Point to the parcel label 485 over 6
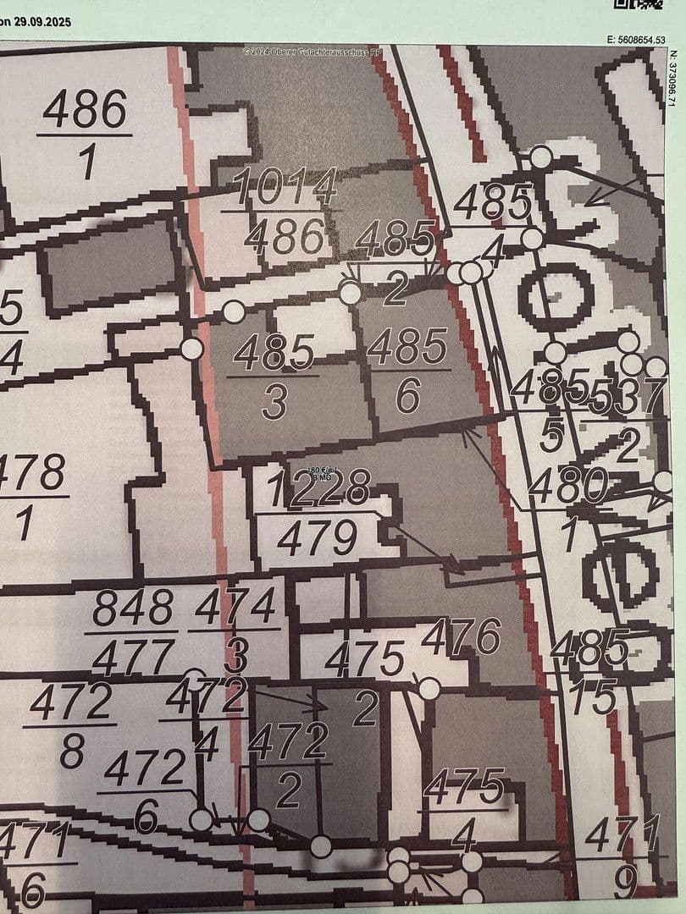407,371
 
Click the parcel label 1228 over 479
318,513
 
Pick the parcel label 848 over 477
132,631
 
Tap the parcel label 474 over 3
235,630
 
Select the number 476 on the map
462,636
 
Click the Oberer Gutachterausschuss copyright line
313,52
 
